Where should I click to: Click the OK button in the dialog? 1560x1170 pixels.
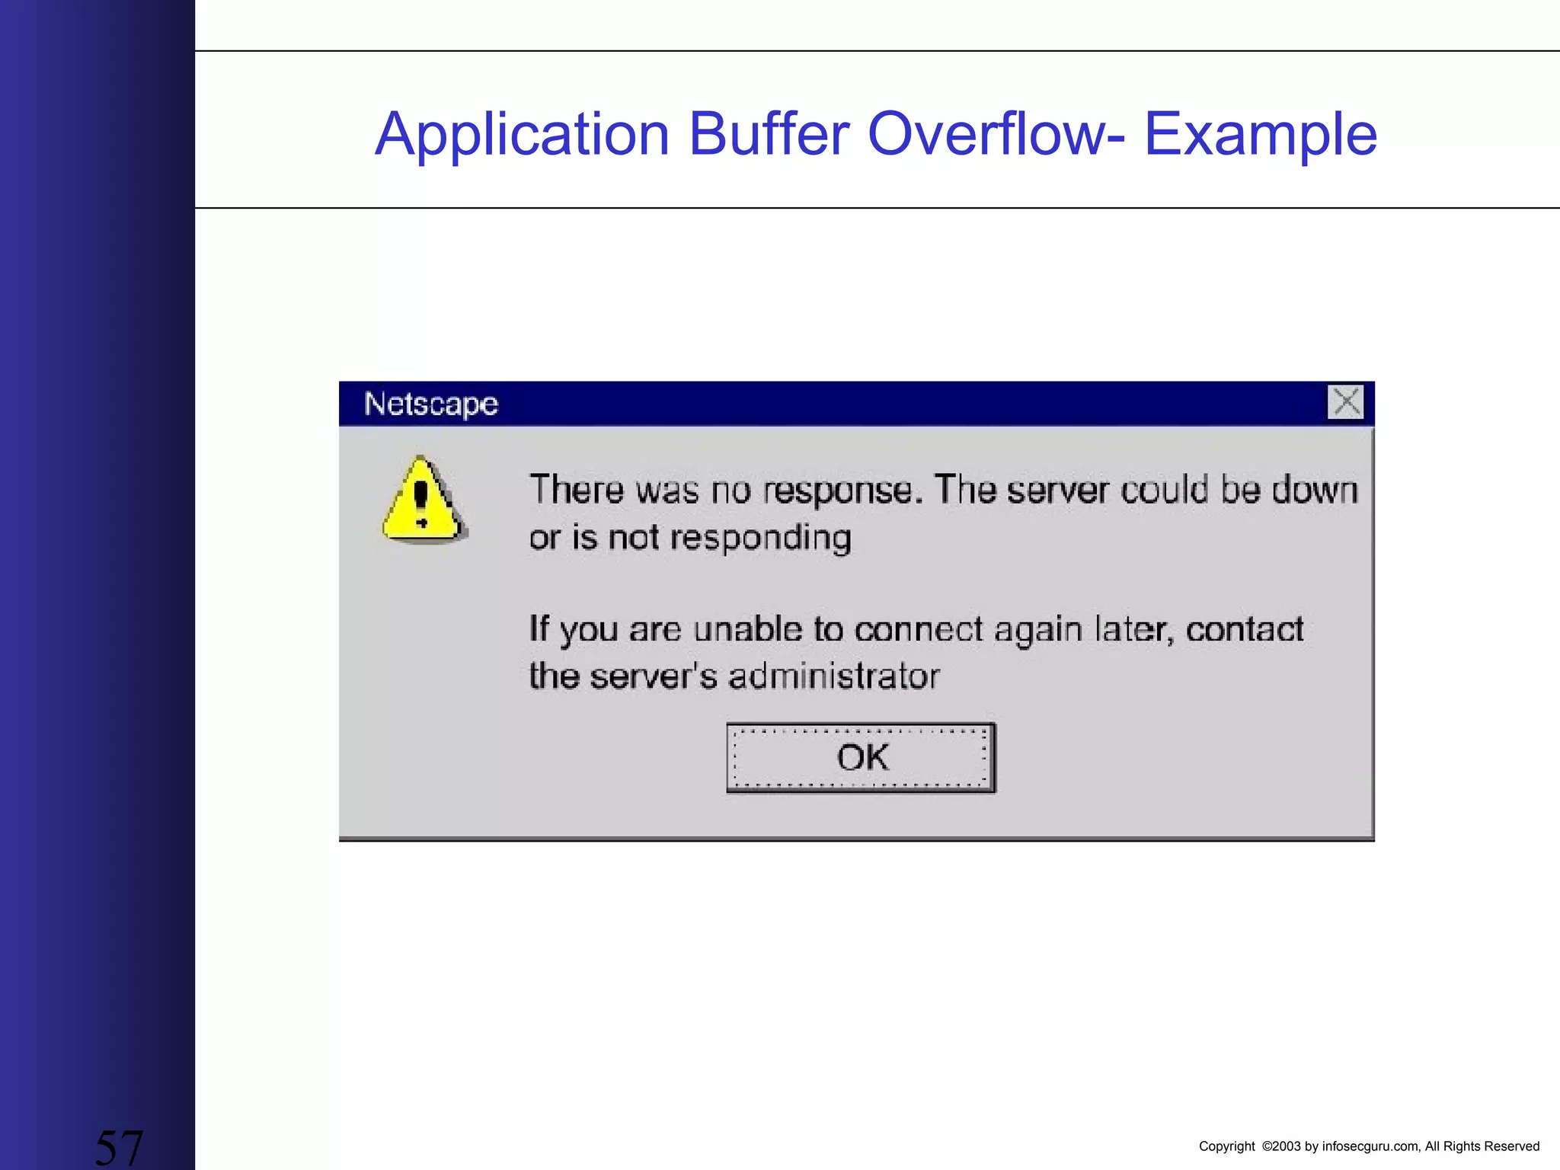861,758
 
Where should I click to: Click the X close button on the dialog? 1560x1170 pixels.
1345,402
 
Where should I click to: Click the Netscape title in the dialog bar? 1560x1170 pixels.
430,404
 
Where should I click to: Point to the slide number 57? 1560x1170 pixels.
119,1147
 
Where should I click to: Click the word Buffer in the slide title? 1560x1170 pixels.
769,134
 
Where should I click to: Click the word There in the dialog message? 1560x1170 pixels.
577,489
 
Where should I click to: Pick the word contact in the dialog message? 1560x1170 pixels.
1245,629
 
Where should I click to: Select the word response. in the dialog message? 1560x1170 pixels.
842,490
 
